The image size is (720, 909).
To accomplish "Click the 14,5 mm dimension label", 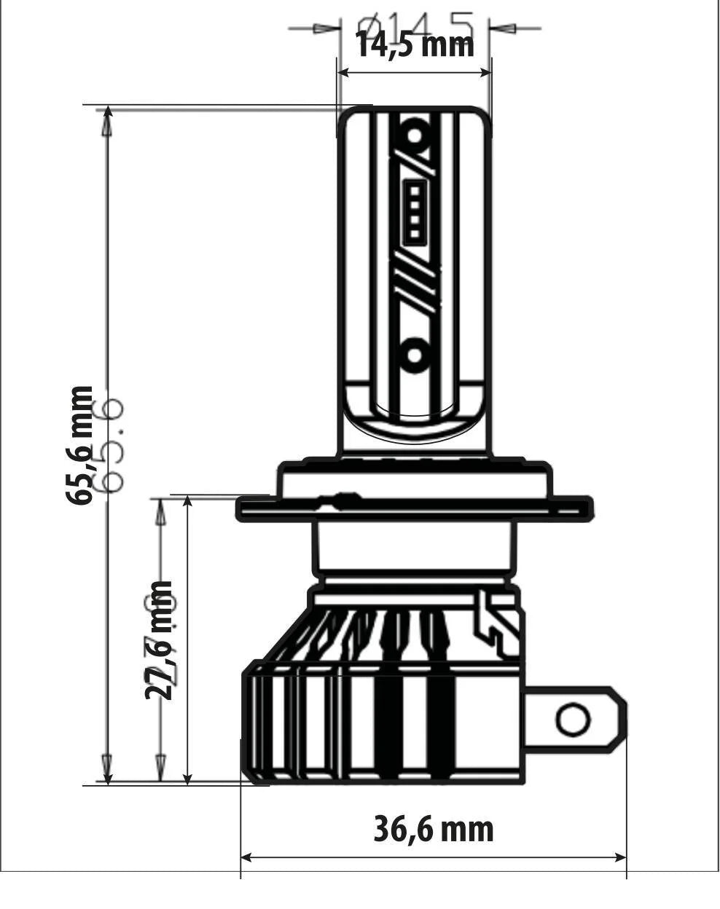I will (414, 44).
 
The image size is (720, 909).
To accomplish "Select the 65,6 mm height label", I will (79, 445).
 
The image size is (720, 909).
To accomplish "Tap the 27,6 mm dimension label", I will (158, 640).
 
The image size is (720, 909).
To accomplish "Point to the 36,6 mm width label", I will (433, 829).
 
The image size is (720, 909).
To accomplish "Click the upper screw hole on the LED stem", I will (415, 135).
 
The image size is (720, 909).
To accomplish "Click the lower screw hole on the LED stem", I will (415, 355).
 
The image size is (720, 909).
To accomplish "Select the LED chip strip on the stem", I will (415, 212).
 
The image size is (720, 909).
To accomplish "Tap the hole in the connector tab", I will (572, 720).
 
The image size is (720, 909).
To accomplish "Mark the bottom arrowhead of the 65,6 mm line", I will (108, 776).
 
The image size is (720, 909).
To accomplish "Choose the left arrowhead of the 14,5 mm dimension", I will (344, 73).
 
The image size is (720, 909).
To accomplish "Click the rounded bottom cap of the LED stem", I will (414, 422).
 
